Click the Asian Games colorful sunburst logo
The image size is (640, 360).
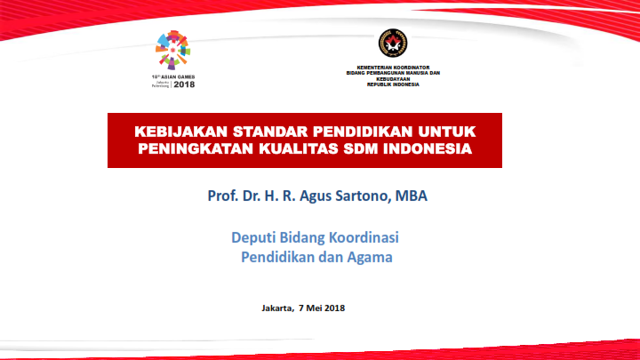point(172,50)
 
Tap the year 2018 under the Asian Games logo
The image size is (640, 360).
point(184,84)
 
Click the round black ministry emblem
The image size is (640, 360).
point(393,43)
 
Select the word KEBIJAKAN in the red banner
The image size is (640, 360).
point(181,132)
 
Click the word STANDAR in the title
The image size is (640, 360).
point(270,132)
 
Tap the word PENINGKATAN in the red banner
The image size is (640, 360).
point(196,148)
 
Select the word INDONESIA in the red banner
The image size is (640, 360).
point(428,148)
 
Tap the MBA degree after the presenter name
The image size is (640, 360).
point(411,196)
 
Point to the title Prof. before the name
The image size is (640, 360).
point(223,196)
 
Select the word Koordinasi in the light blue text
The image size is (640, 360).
point(364,237)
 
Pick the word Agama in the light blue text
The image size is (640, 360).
point(370,258)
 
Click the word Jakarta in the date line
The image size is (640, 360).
point(277,308)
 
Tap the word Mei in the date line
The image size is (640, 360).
point(314,308)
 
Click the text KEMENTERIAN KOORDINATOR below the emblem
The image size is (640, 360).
point(393,68)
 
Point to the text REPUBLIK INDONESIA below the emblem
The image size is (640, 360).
point(393,84)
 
